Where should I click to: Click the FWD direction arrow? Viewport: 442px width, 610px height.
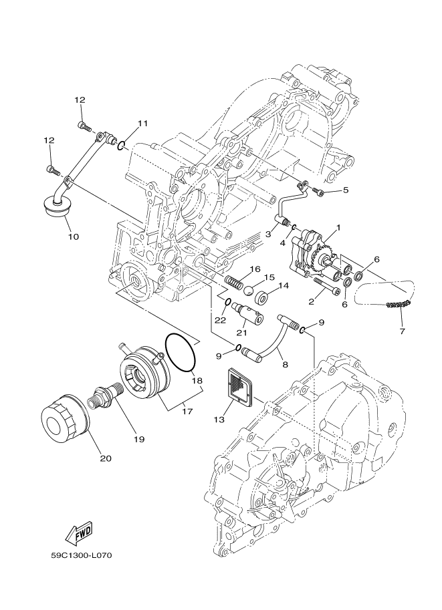[x=79, y=532]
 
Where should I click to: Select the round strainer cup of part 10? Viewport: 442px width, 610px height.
[x=56, y=207]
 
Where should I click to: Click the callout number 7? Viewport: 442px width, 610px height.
[x=402, y=331]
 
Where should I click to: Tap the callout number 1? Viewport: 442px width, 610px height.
[x=338, y=227]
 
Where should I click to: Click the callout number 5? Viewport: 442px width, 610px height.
[x=346, y=190]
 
